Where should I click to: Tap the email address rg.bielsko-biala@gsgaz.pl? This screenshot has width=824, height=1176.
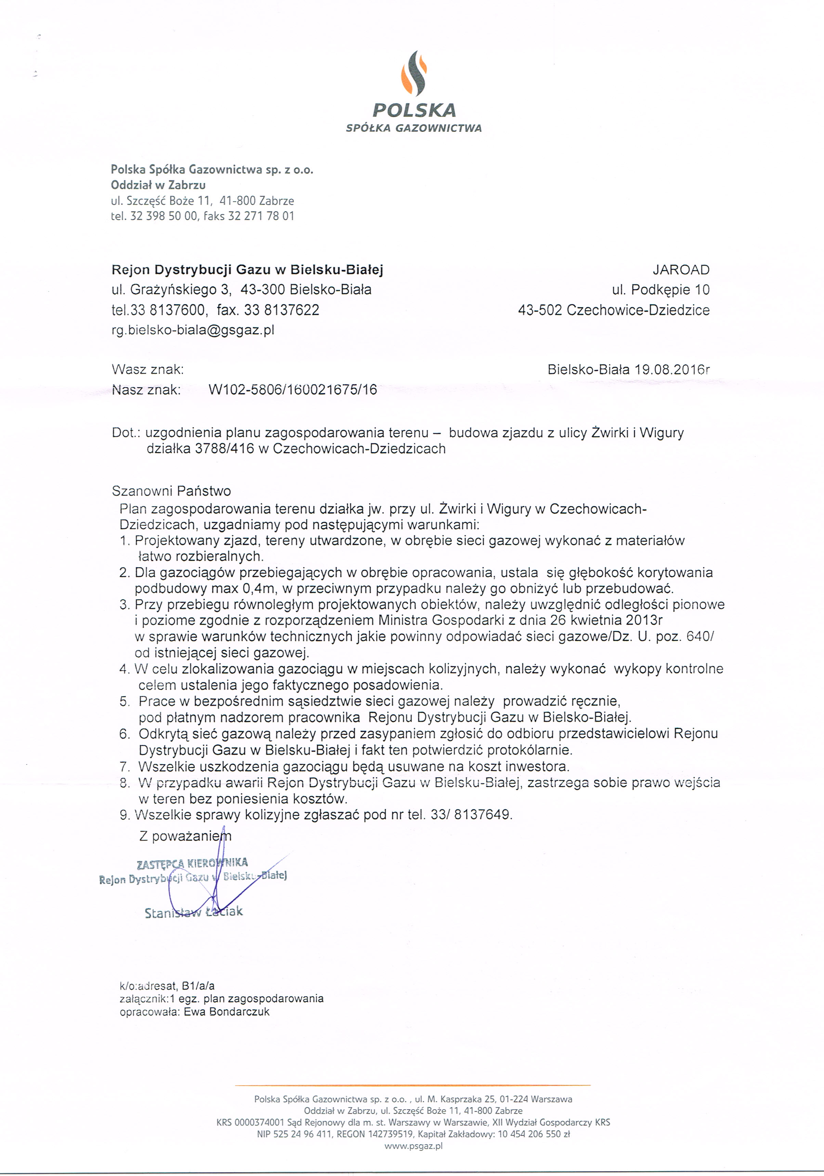click(x=193, y=330)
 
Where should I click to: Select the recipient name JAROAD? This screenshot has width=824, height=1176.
click(x=681, y=270)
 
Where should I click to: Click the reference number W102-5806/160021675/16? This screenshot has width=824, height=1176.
click(x=293, y=390)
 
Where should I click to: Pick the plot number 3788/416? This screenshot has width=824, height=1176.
click(x=225, y=449)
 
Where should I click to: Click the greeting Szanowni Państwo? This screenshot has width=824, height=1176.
click(x=171, y=491)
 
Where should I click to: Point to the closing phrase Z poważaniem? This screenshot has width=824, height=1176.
click(x=185, y=836)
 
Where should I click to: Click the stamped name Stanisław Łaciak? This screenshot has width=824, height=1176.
click(x=194, y=912)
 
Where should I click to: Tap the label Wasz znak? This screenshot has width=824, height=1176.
click(x=147, y=369)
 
